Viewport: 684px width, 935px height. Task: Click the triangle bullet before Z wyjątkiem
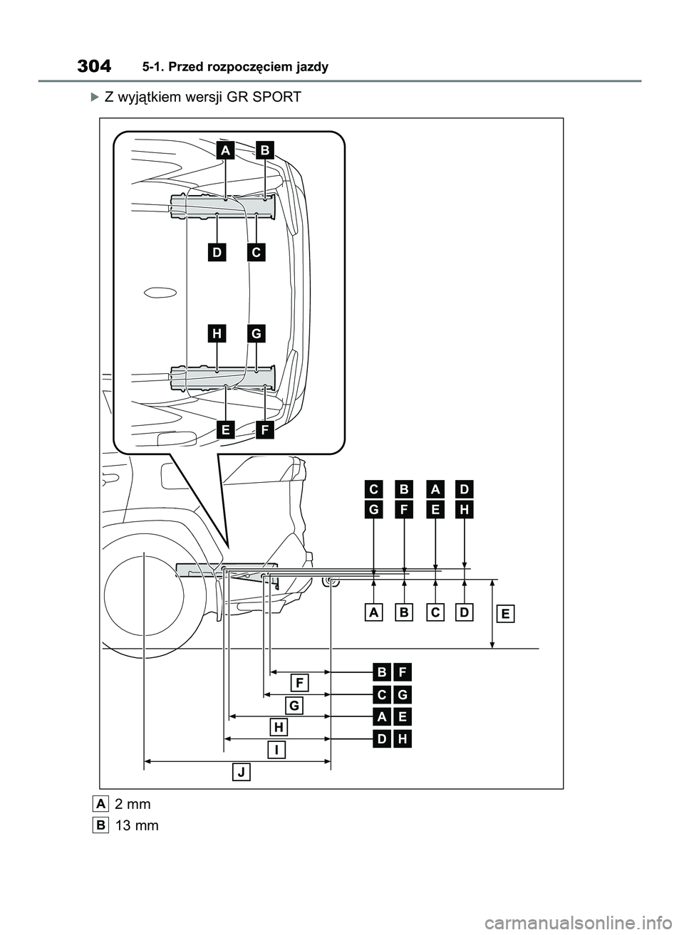97,97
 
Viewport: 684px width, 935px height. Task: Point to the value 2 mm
133,804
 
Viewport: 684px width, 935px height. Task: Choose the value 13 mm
136,826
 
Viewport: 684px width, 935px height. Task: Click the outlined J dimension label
242,772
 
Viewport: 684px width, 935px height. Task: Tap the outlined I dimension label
276,750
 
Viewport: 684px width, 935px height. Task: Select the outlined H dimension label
279,727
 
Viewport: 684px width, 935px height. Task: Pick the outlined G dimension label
294,705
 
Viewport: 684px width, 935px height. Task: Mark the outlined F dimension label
300,683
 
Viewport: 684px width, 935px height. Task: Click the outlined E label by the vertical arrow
505,614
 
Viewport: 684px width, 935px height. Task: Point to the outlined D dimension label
465,612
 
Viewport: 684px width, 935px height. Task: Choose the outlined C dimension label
435,612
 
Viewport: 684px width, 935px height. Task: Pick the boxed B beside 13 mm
100,825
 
